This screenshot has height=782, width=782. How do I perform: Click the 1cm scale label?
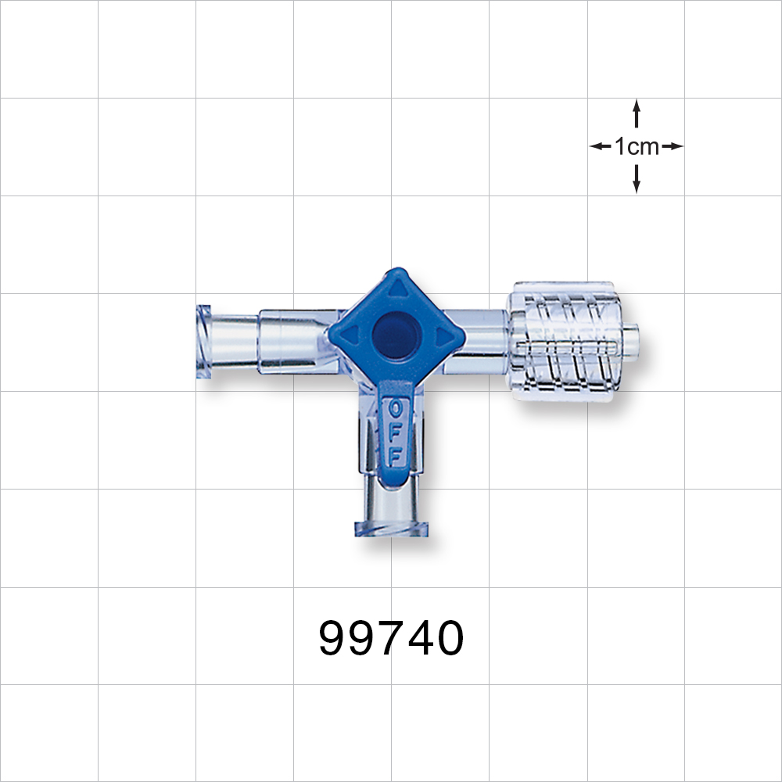point(637,146)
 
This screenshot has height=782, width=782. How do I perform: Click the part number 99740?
point(391,639)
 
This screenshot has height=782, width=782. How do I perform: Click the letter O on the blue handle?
point(396,409)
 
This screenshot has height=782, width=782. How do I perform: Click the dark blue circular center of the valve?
point(396,335)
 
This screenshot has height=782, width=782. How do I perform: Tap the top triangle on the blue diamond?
point(396,289)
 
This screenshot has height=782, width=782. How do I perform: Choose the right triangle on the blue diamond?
point(447,336)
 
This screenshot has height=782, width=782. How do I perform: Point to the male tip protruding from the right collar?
point(631,341)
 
